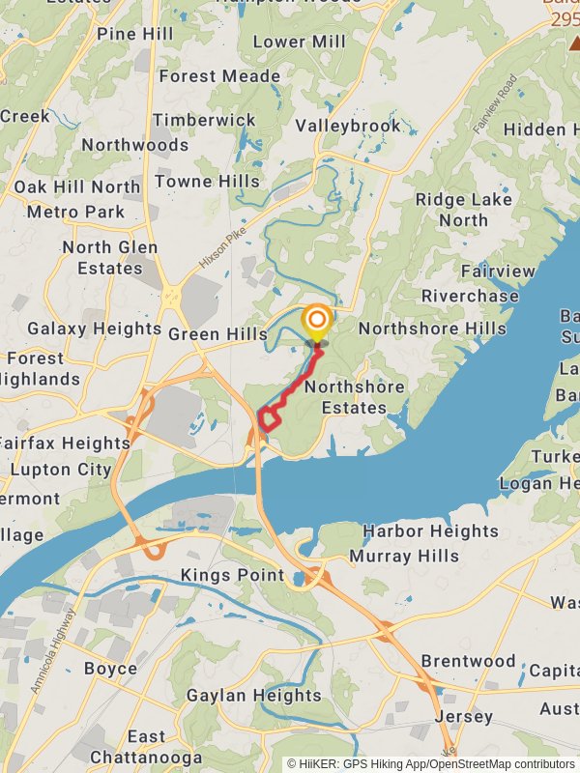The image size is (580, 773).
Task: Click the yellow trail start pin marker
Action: (316, 323)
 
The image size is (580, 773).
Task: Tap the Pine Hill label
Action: (134, 34)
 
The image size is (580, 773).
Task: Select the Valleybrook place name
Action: (348, 126)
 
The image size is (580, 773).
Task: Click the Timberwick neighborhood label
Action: (204, 120)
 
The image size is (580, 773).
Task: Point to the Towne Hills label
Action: (207, 181)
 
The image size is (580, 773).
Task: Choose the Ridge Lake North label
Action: (464, 210)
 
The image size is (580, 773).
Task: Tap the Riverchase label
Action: (470, 296)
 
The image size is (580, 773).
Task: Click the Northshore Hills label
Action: (432, 329)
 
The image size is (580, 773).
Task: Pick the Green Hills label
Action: (217, 334)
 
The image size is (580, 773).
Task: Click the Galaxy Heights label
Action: (95, 329)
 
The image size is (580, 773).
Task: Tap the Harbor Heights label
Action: (430, 531)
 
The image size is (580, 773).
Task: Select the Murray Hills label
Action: (404, 556)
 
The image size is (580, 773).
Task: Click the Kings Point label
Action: (233, 576)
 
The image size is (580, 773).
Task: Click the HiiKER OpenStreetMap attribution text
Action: (430, 763)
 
